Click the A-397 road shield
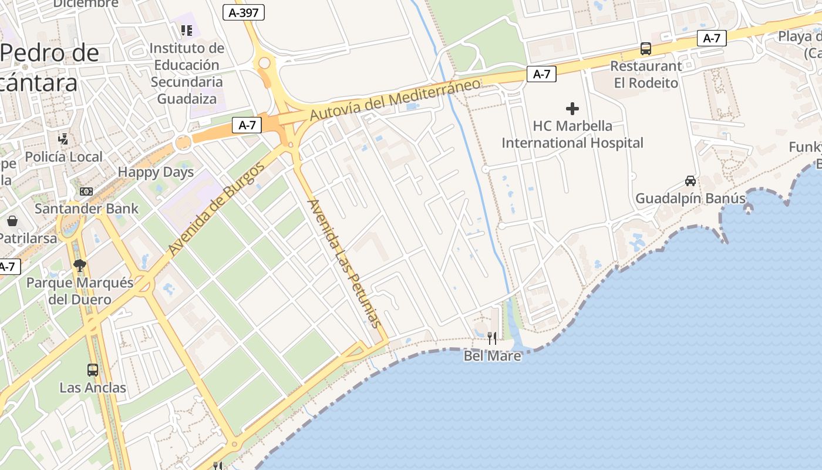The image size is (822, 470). click(244, 12)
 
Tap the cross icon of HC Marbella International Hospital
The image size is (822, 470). click(572, 108)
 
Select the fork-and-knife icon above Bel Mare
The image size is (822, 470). click(492, 338)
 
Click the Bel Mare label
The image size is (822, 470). click(492, 355)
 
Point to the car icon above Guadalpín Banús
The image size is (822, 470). click(690, 181)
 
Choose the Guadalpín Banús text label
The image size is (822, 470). click(690, 199)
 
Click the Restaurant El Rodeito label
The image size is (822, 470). click(646, 74)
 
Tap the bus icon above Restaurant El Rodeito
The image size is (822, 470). click(646, 48)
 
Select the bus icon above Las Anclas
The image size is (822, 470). click(93, 370)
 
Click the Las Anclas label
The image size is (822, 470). click(93, 388)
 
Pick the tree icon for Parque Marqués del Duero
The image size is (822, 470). click(80, 266)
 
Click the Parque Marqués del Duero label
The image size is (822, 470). click(80, 291)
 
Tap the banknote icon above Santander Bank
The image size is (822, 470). click(86, 191)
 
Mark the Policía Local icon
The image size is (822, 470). click(63, 139)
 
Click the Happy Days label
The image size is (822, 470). click(156, 172)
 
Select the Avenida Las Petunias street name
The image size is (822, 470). click(344, 263)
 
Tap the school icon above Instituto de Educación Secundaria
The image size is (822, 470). click(187, 30)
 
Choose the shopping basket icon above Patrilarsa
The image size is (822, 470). click(12, 221)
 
